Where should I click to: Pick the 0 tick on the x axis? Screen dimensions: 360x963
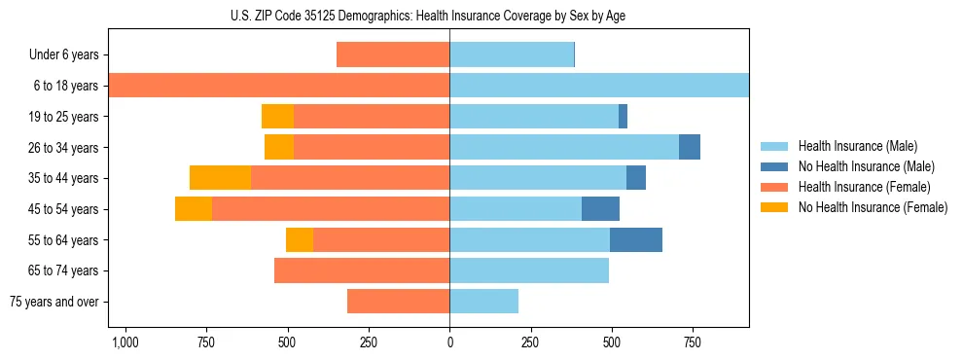click(449, 342)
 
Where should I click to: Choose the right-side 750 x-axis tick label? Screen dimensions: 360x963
click(692, 342)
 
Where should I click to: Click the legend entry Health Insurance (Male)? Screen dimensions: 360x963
click(857, 146)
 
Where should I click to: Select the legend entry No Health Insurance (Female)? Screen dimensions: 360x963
click(873, 207)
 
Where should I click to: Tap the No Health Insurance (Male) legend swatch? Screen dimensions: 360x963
click(775, 166)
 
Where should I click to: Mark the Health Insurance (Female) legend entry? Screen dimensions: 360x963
click(863, 187)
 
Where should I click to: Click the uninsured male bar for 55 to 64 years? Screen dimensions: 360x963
click(636, 239)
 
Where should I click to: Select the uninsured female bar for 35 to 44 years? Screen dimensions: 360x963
click(220, 178)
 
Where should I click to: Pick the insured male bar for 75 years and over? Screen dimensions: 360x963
click(483, 302)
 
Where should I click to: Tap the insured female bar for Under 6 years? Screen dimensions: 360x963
click(393, 54)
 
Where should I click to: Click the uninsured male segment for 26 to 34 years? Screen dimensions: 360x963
click(690, 147)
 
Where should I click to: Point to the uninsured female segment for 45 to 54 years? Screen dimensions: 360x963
click(194, 209)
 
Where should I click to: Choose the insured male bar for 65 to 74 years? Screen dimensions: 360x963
click(529, 270)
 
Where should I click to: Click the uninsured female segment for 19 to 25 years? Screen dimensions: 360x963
click(277, 116)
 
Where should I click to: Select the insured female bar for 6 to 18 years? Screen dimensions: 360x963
click(279, 86)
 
